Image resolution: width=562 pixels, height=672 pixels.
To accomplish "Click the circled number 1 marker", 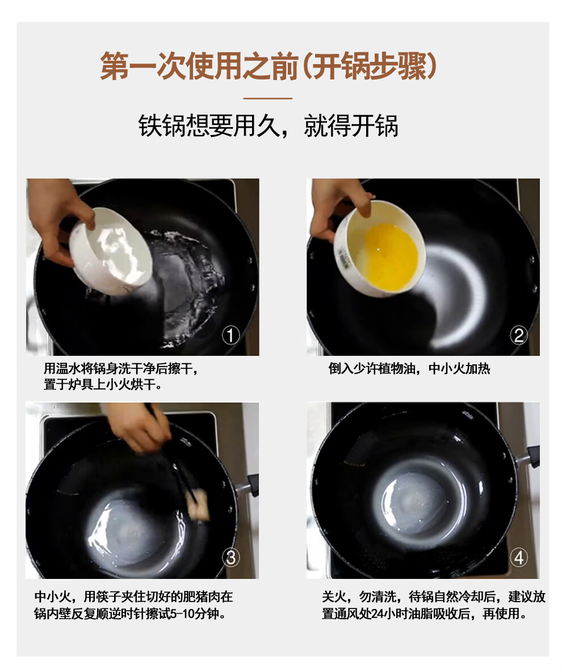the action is pyautogui.click(x=230, y=335).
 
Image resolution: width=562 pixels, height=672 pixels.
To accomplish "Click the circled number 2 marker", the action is pyautogui.click(x=519, y=335).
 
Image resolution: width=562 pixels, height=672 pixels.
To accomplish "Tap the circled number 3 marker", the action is pyautogui.click(x=230, y=557).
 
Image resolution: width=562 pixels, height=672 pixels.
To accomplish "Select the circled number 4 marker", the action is pyautogui.click(x=519, y=557).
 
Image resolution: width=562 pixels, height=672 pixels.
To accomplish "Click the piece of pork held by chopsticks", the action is pyautogui.click(x=199, y=506).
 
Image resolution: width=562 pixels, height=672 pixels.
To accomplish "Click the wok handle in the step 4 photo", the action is pyautogui.click(x=530, y=457).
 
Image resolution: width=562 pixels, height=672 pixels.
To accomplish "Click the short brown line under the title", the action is pyautogui.click(x=268, y=98).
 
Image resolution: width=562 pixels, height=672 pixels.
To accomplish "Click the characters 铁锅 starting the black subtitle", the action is pyautogui.click(x=162, y=126).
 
